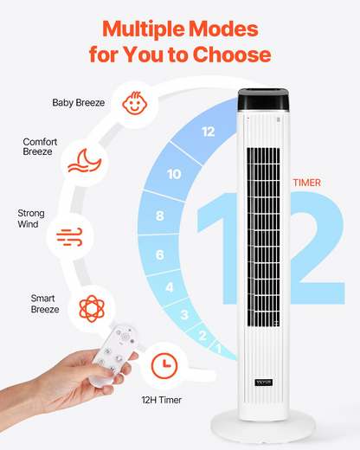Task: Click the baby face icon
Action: click(135, 103)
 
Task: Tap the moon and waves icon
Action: click(85, 161)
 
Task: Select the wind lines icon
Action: click(69, 237)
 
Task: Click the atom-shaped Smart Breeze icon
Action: click(92, 308)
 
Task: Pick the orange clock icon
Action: click(164, 365)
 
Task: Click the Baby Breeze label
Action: click(79, 103)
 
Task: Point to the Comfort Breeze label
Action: click(40, 146)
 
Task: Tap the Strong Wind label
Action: click(31, 218)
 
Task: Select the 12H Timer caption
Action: click(162, 400)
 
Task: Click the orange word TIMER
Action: click(307, 183)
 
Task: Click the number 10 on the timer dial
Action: click(174, 174)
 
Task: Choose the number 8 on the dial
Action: click(160, 215)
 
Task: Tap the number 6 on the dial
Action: click(160, 254)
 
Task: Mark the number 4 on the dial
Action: click(170, 287)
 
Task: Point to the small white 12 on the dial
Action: click(208, 132)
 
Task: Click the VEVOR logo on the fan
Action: click(264, 382)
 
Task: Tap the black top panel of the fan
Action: click(263, 100)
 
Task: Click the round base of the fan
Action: click(263, 426)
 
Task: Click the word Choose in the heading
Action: click(232, 55)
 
